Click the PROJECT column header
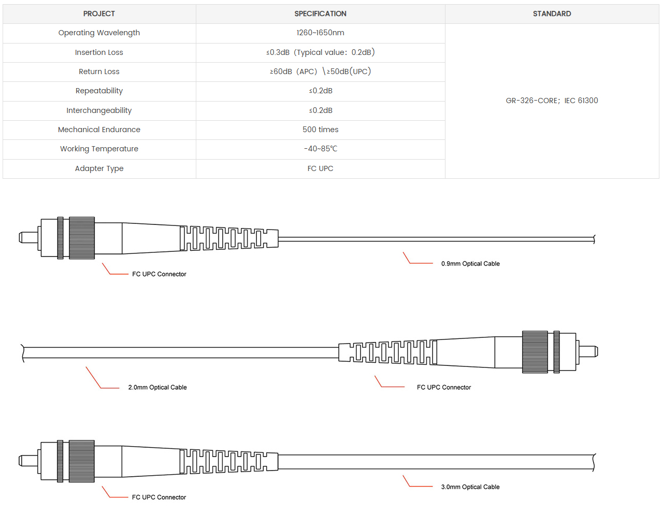tap(99, 14)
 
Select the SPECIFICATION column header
tap(320, 14)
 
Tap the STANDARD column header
tap(552, 14)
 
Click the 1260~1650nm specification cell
tap(320, 33)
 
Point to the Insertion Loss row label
tap(99, 52)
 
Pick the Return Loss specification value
tap(320, 72)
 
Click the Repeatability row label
tap(99, 91)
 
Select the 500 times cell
tap(320, 130)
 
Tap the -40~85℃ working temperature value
tap(320, 149)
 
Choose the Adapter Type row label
tap(99, 168)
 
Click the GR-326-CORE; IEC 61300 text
tap(552, 101)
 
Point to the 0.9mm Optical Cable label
tap(470, 264)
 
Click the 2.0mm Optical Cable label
tap(157, 387)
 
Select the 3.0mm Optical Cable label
tap(470, 487)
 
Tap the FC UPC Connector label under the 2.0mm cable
tap(444, 387)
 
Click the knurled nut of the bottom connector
tap(82, 461)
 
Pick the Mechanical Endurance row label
tap(99, 130)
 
